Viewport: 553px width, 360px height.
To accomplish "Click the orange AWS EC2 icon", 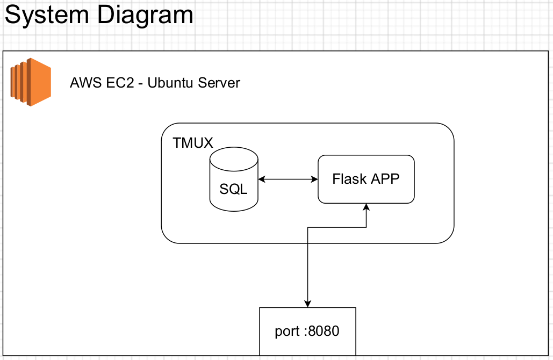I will click(x=30, y=82).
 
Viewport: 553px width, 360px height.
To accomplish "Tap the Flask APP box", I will click(x=366, y=179).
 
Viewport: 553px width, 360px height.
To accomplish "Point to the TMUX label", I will click(x=193, y=143).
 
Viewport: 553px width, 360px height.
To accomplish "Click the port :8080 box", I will click(x=307, y=331).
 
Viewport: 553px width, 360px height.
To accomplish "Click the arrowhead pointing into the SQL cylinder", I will click(x=261, y=179).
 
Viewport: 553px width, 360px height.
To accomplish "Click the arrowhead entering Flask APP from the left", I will click(x=315, y=179).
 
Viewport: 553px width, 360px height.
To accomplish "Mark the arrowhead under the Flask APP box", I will click(x=367, y=207).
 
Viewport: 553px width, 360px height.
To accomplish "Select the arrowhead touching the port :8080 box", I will click(x=307, y=304).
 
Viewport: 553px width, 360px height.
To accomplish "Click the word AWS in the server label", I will click(x=85, y=83).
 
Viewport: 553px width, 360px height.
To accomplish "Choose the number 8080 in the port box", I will click(x=324, y=331).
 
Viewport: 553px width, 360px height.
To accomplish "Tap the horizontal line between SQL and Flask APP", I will click(x=288, y=179).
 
